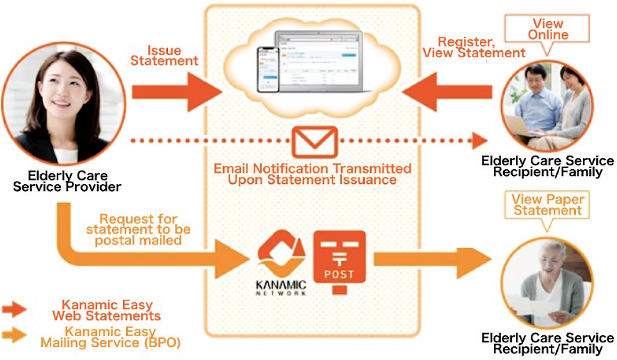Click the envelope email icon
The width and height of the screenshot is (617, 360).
314,141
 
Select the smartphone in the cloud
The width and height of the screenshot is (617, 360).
267,70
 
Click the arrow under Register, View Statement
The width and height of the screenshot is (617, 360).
446,92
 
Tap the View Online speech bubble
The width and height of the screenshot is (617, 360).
547,30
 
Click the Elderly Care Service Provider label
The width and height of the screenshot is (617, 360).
67,181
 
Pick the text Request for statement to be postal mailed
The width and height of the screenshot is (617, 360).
138,229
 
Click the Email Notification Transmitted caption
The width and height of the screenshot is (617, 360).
312,174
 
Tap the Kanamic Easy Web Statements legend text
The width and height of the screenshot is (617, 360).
107,310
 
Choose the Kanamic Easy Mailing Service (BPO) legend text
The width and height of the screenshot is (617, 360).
110,337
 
